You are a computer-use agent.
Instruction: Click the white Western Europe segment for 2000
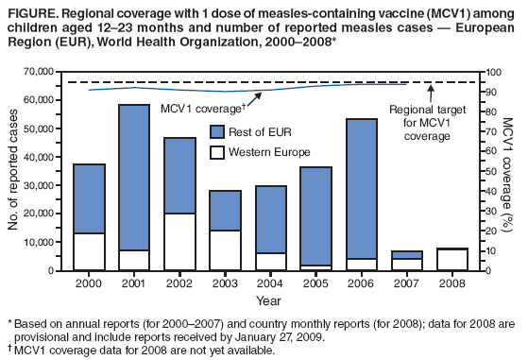point(89,251)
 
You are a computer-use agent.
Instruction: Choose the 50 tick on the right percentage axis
point(481,171)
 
